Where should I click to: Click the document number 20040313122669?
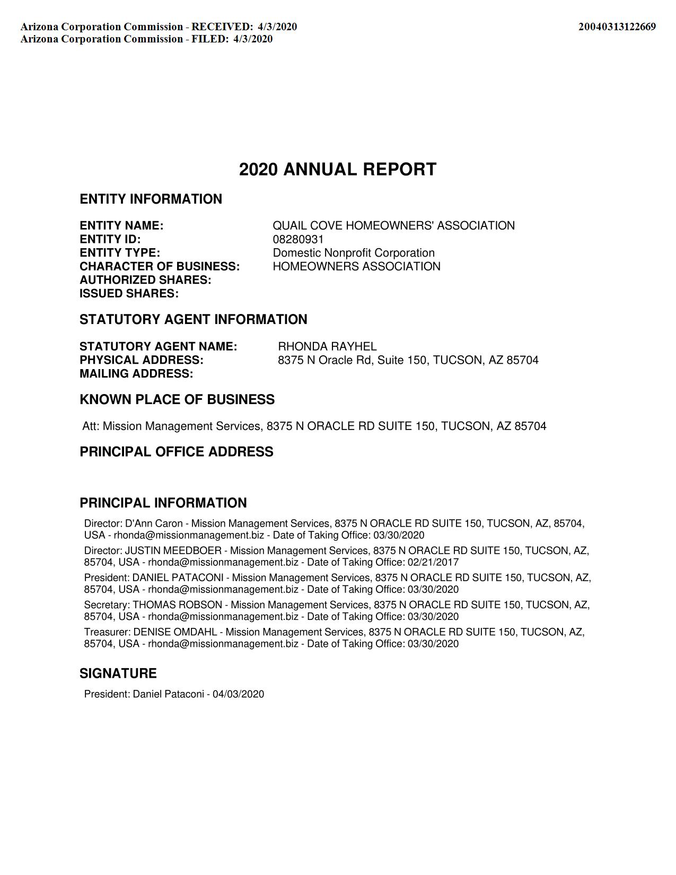point(617,27)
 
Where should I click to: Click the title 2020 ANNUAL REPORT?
point(338,170)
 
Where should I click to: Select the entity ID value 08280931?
point(298,239)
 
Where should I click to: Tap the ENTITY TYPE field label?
point(120,253)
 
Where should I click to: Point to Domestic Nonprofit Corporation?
point(354,253)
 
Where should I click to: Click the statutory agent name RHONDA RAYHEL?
point(327,346)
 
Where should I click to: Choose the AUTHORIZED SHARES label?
point(145,280)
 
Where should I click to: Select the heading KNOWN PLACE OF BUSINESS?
point(177,399)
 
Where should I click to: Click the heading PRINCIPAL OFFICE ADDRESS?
point(177,452)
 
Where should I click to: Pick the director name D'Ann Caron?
point(154,523)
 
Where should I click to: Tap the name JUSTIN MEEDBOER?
point(173,550)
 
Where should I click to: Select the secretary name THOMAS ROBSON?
point(177,605)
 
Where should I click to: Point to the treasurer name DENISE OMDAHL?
point(175,632)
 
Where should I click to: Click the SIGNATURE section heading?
point(118,673)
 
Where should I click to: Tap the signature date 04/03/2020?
point(238,694)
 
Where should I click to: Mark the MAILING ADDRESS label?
point(136,373)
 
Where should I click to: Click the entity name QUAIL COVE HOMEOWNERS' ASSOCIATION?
point(393,226)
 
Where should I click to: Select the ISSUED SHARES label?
point(129,294)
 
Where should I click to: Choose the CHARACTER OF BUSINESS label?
point(160,266)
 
